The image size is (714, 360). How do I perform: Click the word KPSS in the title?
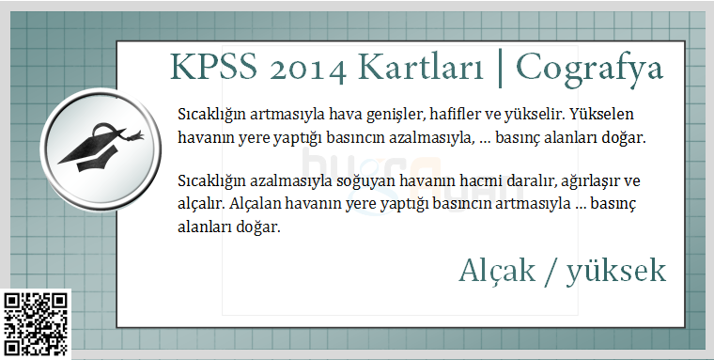pos(213,68)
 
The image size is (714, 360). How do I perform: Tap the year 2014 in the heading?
pos(308,70)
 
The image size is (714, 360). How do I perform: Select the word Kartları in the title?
pos(420,68)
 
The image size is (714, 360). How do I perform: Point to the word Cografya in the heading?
pos(589,70)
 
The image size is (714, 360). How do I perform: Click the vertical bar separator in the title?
pos(500,69)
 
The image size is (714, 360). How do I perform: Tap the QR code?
pos(36,324)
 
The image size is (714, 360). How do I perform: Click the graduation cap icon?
pos(101,148)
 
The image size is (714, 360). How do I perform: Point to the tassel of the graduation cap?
pos(134,135)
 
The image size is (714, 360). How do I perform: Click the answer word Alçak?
pos(497,271)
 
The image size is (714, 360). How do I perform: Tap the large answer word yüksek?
pos(616,272)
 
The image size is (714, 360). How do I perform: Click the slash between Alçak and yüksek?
pos(551,272)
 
